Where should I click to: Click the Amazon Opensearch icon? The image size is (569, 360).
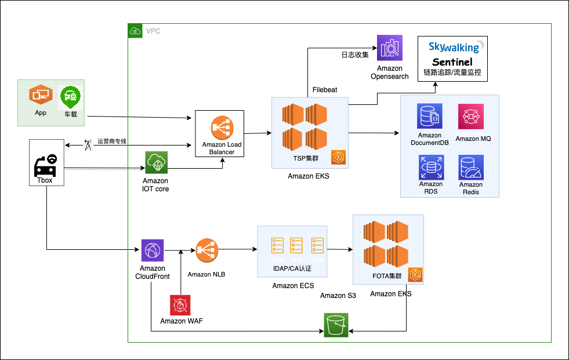coord(389,48)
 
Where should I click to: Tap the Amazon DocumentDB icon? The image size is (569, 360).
coord(430,116)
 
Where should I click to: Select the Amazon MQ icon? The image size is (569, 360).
coord(470,117)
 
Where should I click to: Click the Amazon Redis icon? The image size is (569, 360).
coord(470,168)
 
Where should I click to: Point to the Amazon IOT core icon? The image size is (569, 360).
coord(156,163)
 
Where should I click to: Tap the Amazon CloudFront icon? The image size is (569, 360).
coord(153,250)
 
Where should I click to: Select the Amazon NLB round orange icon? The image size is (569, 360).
coord(206,250)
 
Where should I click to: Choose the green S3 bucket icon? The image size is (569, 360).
coord(336,325)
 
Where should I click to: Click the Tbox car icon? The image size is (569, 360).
coord(45,164)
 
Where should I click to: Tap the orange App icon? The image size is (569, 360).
coord(41,94)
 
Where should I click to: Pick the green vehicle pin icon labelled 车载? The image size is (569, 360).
coord(70,97)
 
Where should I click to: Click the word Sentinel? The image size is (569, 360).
coord(452,62)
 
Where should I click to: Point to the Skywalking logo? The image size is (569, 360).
coord(454,46)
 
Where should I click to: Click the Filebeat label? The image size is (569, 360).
coord(325,90)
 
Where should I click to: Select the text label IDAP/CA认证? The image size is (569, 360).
coord(292,268)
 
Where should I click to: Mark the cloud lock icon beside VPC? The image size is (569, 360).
coord(135,31)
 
